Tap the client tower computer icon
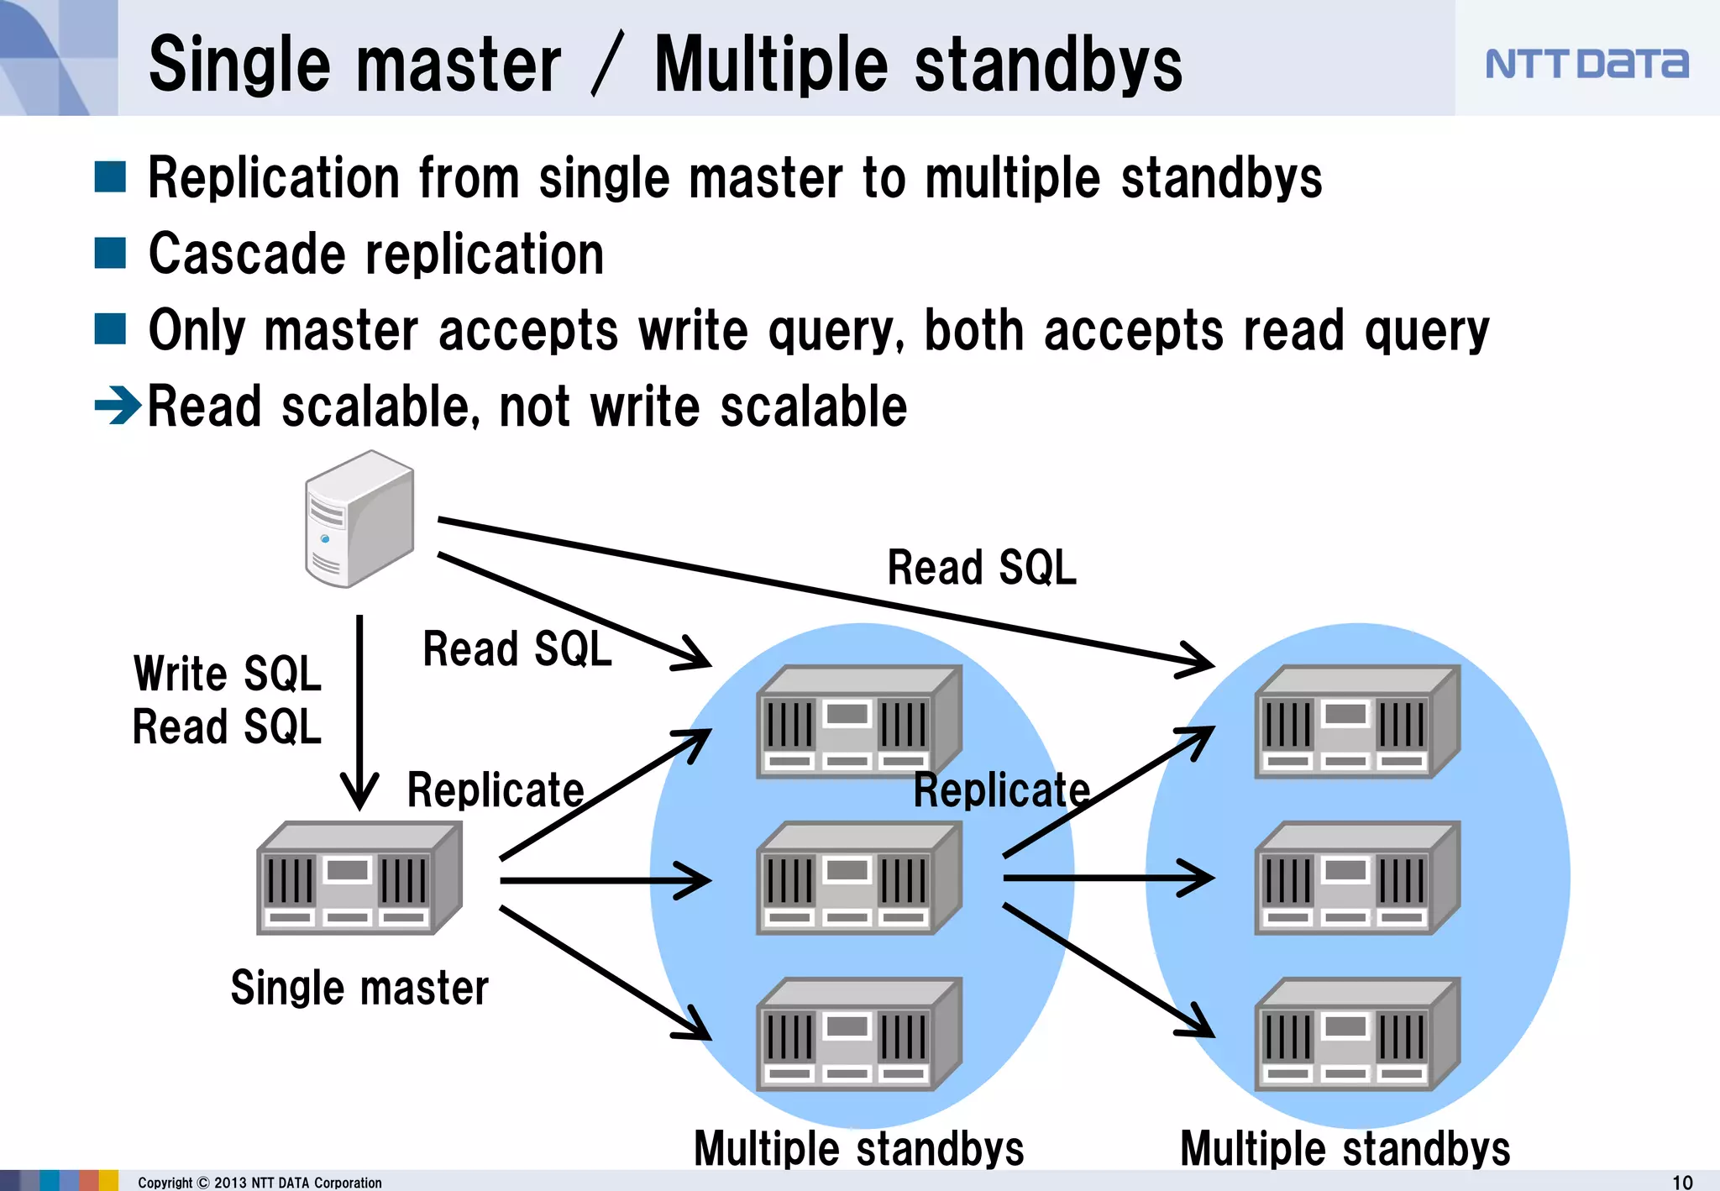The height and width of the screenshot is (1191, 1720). click(359, 518)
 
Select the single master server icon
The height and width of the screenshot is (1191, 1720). click(359, 879)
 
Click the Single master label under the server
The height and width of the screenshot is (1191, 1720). click(359, 988)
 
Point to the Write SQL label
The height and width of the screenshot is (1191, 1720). click(227, 674)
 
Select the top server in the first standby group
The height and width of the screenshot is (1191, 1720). click(858, 722)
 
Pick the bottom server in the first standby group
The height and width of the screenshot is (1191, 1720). click(858, 1034)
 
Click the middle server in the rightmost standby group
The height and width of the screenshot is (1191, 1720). click(1357, 879)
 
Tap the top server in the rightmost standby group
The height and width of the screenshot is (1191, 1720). click(1357, 722)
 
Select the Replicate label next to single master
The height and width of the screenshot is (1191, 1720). click(496, 790)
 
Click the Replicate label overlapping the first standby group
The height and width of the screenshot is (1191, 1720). click(1001, 790)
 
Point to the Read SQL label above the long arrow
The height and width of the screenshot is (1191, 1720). click(981, 567)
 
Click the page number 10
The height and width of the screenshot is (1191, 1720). click(1682, 1182)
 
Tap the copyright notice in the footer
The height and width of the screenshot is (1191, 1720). click(260, 1183)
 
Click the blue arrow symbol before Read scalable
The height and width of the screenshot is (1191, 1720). click(118, 407)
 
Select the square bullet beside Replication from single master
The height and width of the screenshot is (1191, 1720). click(110, 177)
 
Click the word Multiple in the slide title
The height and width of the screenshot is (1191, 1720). click(770, 65)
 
